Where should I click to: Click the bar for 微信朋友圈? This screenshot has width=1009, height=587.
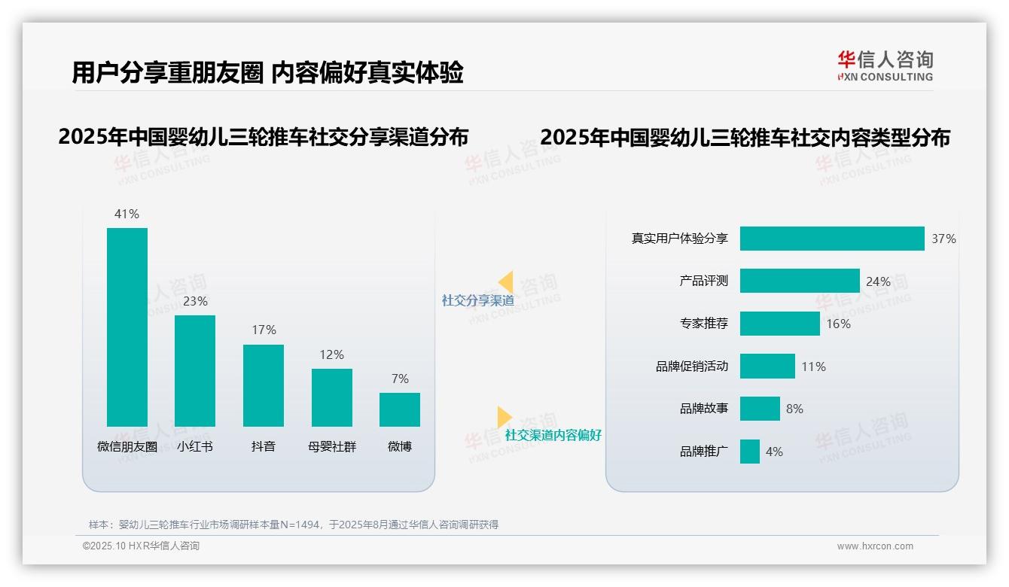tap(127, 327)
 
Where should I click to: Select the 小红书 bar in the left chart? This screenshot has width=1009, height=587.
tap(195, 371)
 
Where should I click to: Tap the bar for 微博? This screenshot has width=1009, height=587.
tap(400, 409)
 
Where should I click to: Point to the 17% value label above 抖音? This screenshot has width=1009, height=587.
tap(264, 330)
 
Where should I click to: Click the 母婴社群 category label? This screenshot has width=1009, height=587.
tap(331, 446)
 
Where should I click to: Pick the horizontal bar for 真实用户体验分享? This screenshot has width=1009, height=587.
tap(831, 239)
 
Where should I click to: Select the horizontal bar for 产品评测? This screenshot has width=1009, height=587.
tap(799, 281)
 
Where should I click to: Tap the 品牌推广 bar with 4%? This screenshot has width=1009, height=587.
tap(749, 452)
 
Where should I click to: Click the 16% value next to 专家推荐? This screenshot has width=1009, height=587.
tap(838, 324)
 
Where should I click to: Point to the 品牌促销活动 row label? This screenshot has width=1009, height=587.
tap(691, 366)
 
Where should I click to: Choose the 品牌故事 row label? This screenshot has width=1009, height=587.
tap(703, 409)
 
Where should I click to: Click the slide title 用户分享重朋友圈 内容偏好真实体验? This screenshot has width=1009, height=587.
tap(267, 72)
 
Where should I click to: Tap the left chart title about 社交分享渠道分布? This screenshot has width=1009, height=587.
tap(263, 137)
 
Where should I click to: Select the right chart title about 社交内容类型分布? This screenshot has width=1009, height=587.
tap(745, 138)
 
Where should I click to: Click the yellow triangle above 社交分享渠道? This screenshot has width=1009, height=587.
tap(506, 282)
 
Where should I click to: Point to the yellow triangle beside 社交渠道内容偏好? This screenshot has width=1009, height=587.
tap(504, 417)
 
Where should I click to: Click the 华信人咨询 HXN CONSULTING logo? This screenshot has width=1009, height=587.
tap(885, 66)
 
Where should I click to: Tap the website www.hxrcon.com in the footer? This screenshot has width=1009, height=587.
tap(874, 546)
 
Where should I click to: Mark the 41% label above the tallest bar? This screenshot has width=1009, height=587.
tap(127, 214)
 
